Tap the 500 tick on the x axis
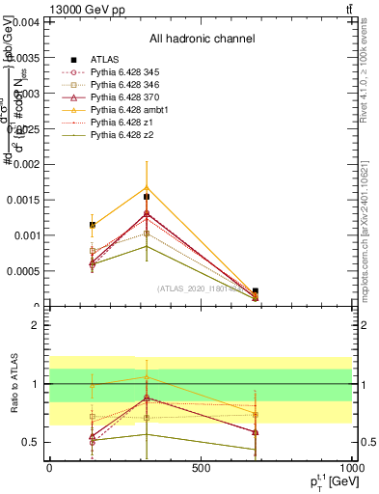[201, 468]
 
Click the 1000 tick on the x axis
[352, 468]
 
